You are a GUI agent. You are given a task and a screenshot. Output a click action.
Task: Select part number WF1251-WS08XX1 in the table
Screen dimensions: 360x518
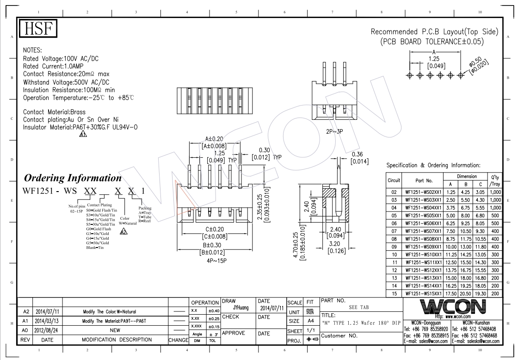click(x=423, y=239)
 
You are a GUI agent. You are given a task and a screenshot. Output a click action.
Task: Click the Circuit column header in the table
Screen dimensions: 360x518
click(x=394, y=179)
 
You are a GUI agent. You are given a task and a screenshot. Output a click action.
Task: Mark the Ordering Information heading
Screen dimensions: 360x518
click(x=73, y=178)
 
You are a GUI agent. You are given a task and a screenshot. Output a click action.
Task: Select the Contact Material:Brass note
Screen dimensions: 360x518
click(x=55, y=112)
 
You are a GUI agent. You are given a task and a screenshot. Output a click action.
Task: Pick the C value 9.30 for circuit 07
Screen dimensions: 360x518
click(x=481, y=231)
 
